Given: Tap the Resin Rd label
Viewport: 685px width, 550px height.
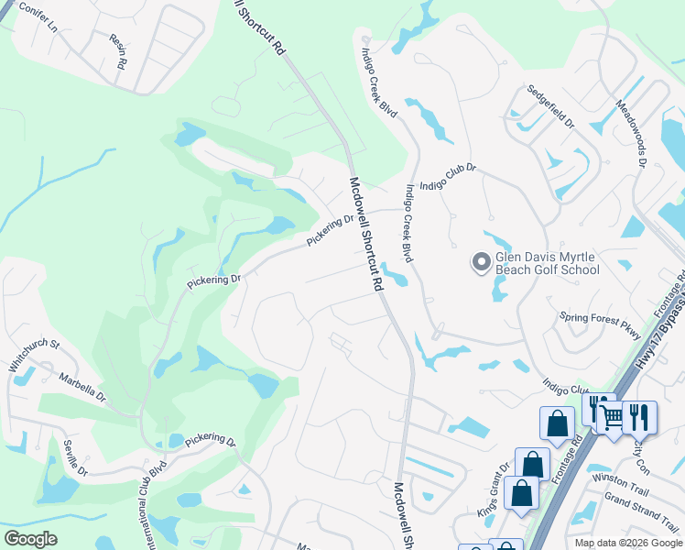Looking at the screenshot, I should pos(117,54).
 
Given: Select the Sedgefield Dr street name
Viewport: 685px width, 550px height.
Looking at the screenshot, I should pos(549,108).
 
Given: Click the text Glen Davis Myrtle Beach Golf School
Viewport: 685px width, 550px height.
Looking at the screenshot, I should pos(547,264).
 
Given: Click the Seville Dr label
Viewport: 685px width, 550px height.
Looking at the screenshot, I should pos(75,457).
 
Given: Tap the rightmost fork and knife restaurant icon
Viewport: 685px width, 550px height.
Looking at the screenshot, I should pos(639,416).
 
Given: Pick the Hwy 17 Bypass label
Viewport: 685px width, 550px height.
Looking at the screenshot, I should pos(657,348).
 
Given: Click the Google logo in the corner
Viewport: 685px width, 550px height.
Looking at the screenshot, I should pos(30,539).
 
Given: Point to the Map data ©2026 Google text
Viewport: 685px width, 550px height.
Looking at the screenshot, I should pos(628,543).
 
